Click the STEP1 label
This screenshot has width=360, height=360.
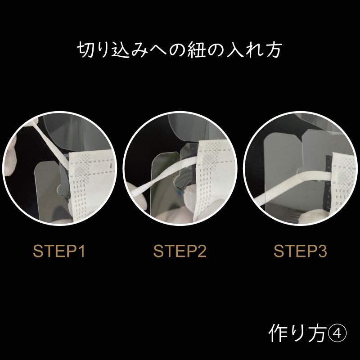(x=59, y=251)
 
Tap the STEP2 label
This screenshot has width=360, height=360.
(x=180, y=251)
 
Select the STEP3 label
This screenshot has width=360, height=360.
(x=300, y=251)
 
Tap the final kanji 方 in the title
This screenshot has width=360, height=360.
(x=273, y=49)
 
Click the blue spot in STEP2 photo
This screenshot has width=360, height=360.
(x=179, y=191)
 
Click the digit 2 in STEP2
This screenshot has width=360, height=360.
(x=201, y=251)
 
